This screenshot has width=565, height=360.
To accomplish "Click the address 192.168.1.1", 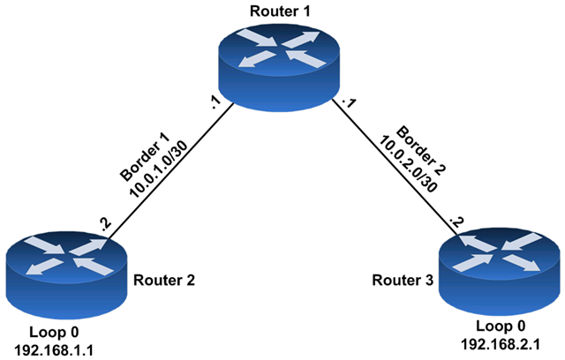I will coord(54,349).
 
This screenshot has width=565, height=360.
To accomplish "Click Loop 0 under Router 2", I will coord(54,330).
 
